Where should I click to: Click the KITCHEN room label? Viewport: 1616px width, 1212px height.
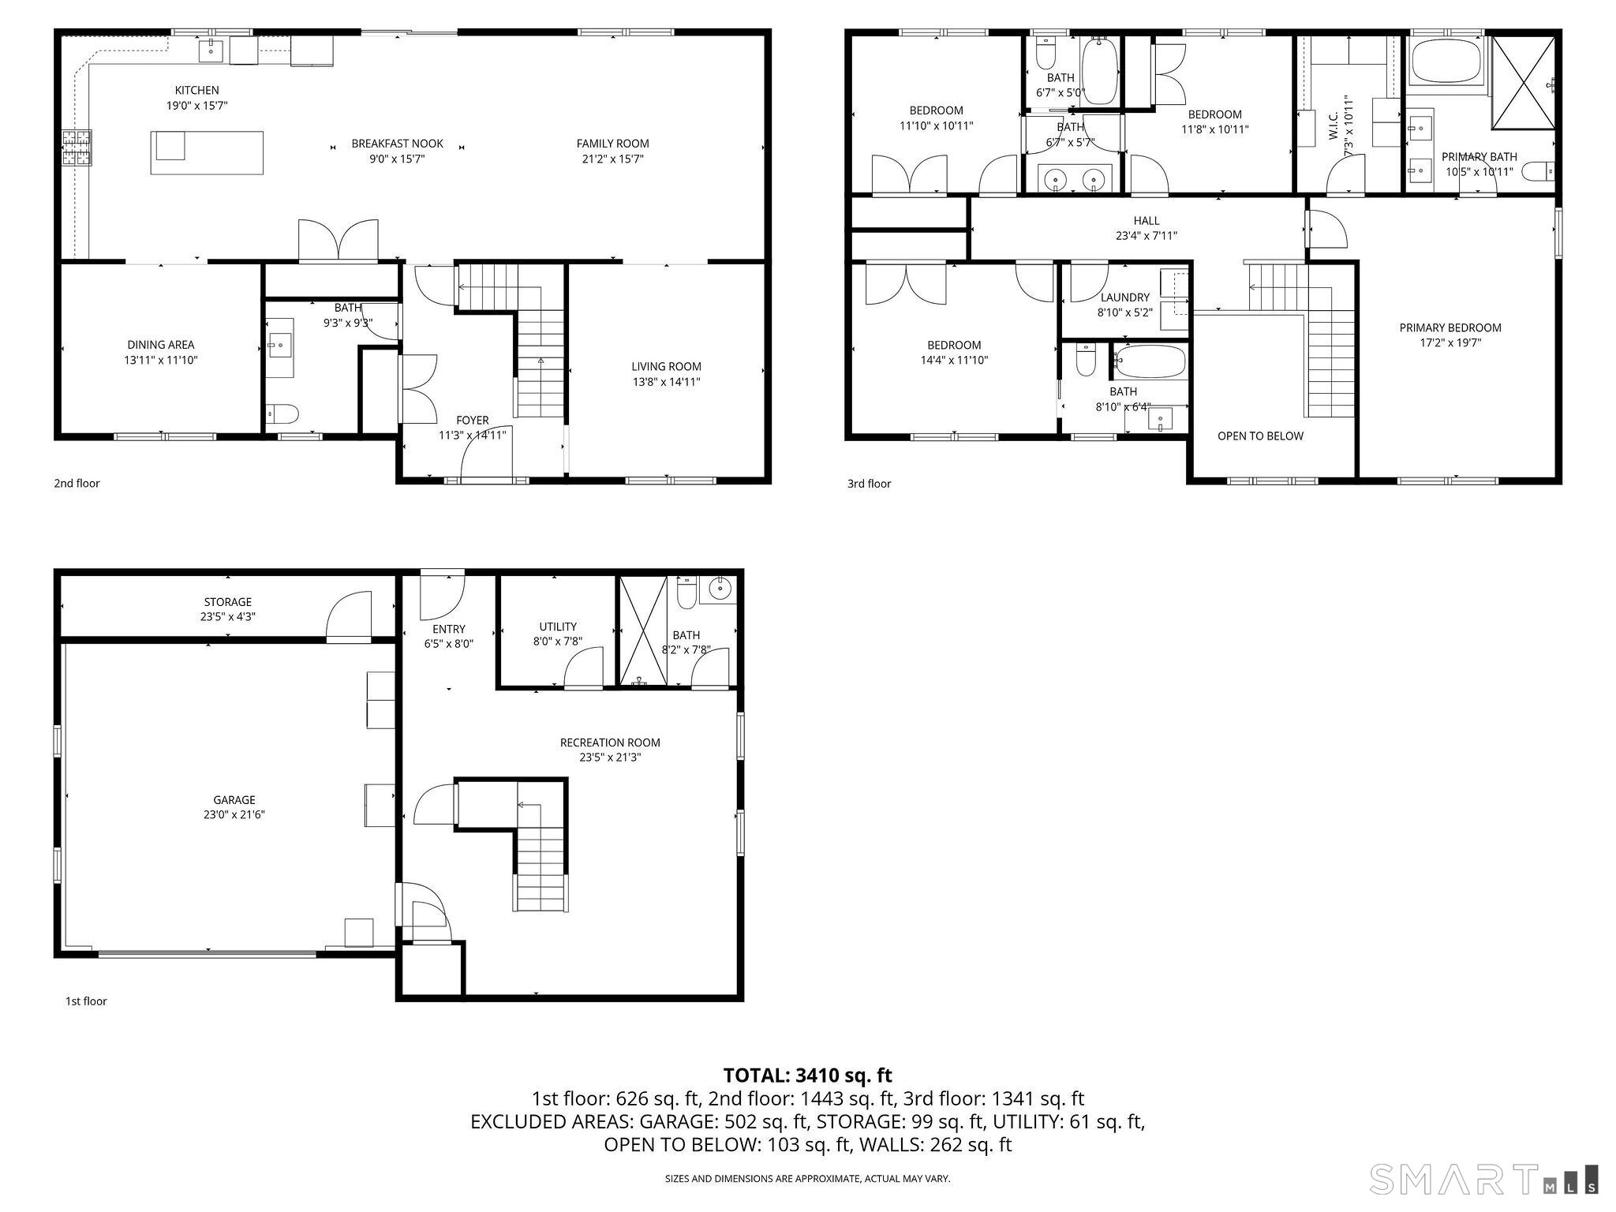point(196,91)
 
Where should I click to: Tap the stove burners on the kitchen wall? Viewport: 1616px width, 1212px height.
point(77,148)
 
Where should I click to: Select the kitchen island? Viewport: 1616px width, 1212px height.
point(207,152)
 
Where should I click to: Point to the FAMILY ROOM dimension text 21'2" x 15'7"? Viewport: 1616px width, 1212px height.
point(612,159)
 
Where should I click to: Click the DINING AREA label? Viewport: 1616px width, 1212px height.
point(161,345)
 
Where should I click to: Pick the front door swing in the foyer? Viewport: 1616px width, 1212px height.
point(485,453)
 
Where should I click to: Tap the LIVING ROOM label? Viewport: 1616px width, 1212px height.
point(666,366)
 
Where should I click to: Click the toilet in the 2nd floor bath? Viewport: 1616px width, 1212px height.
point(282,413)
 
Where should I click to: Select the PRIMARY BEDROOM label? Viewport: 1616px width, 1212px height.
point(1450,327)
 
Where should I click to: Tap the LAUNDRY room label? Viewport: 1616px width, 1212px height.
point(1124,297)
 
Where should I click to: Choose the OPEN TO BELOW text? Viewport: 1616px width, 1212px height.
point(1260,436)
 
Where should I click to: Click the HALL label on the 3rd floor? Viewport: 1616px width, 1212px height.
point(1147,221)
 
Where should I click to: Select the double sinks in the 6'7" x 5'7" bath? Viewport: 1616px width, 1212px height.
point(1074,180)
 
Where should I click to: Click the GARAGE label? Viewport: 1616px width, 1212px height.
point(234,799)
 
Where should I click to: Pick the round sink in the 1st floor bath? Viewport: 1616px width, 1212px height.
point(720,588)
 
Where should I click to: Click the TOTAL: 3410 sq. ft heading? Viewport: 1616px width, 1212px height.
point(807,1075)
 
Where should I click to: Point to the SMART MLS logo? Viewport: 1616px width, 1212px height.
point(1483,1179)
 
